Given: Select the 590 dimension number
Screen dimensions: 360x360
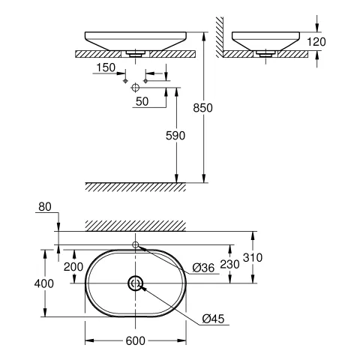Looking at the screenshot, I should pos(175,135).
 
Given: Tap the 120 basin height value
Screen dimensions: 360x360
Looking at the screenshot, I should pos(317,42).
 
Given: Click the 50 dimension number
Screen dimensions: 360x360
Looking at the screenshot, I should pos(141,100).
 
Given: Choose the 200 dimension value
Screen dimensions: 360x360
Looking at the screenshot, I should pos(73,266).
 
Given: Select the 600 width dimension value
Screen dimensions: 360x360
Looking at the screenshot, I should pos(134,341).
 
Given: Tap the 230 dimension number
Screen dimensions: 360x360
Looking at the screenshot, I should pos(231,265).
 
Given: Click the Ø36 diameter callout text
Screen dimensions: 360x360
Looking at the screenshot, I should pos(203,267).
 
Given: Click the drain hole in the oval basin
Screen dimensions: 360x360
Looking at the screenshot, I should pos(135,283).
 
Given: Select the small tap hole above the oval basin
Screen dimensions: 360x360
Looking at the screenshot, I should pos(135,245).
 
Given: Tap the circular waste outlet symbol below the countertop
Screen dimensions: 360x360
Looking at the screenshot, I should pos(135,88).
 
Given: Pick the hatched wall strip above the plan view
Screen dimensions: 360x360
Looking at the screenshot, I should pos(135,225).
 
